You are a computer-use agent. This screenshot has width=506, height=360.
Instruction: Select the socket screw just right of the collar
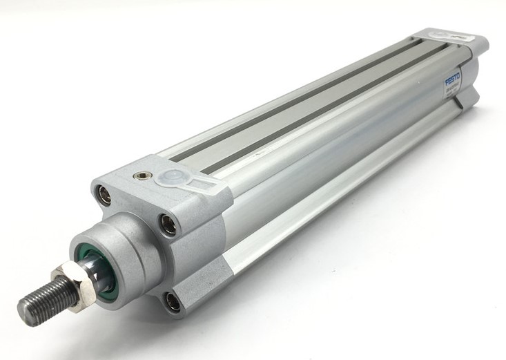point(168,222)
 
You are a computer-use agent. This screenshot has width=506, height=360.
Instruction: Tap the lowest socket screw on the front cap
point(172,302)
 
